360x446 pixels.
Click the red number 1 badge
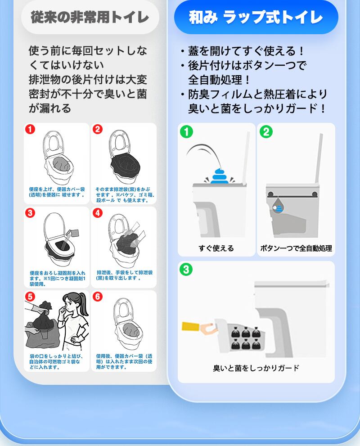click(x=30, y=130)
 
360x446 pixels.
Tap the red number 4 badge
click(x=98, y=213)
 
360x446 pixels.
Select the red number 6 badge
click(x=98, y=297)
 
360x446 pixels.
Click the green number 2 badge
click(x=266, y=132)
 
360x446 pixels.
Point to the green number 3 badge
click(x=186, y=270)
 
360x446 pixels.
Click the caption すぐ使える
click(x=216, y=248)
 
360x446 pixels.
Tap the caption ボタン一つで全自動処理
click(x=296, y=248)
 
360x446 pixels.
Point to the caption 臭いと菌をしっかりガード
click(x=256, y=368)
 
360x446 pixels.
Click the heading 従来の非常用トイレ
click(x=90, y=17)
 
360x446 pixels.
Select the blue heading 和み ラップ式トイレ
click(x=256, y=17)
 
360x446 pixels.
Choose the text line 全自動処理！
click(x=219, y=80)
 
